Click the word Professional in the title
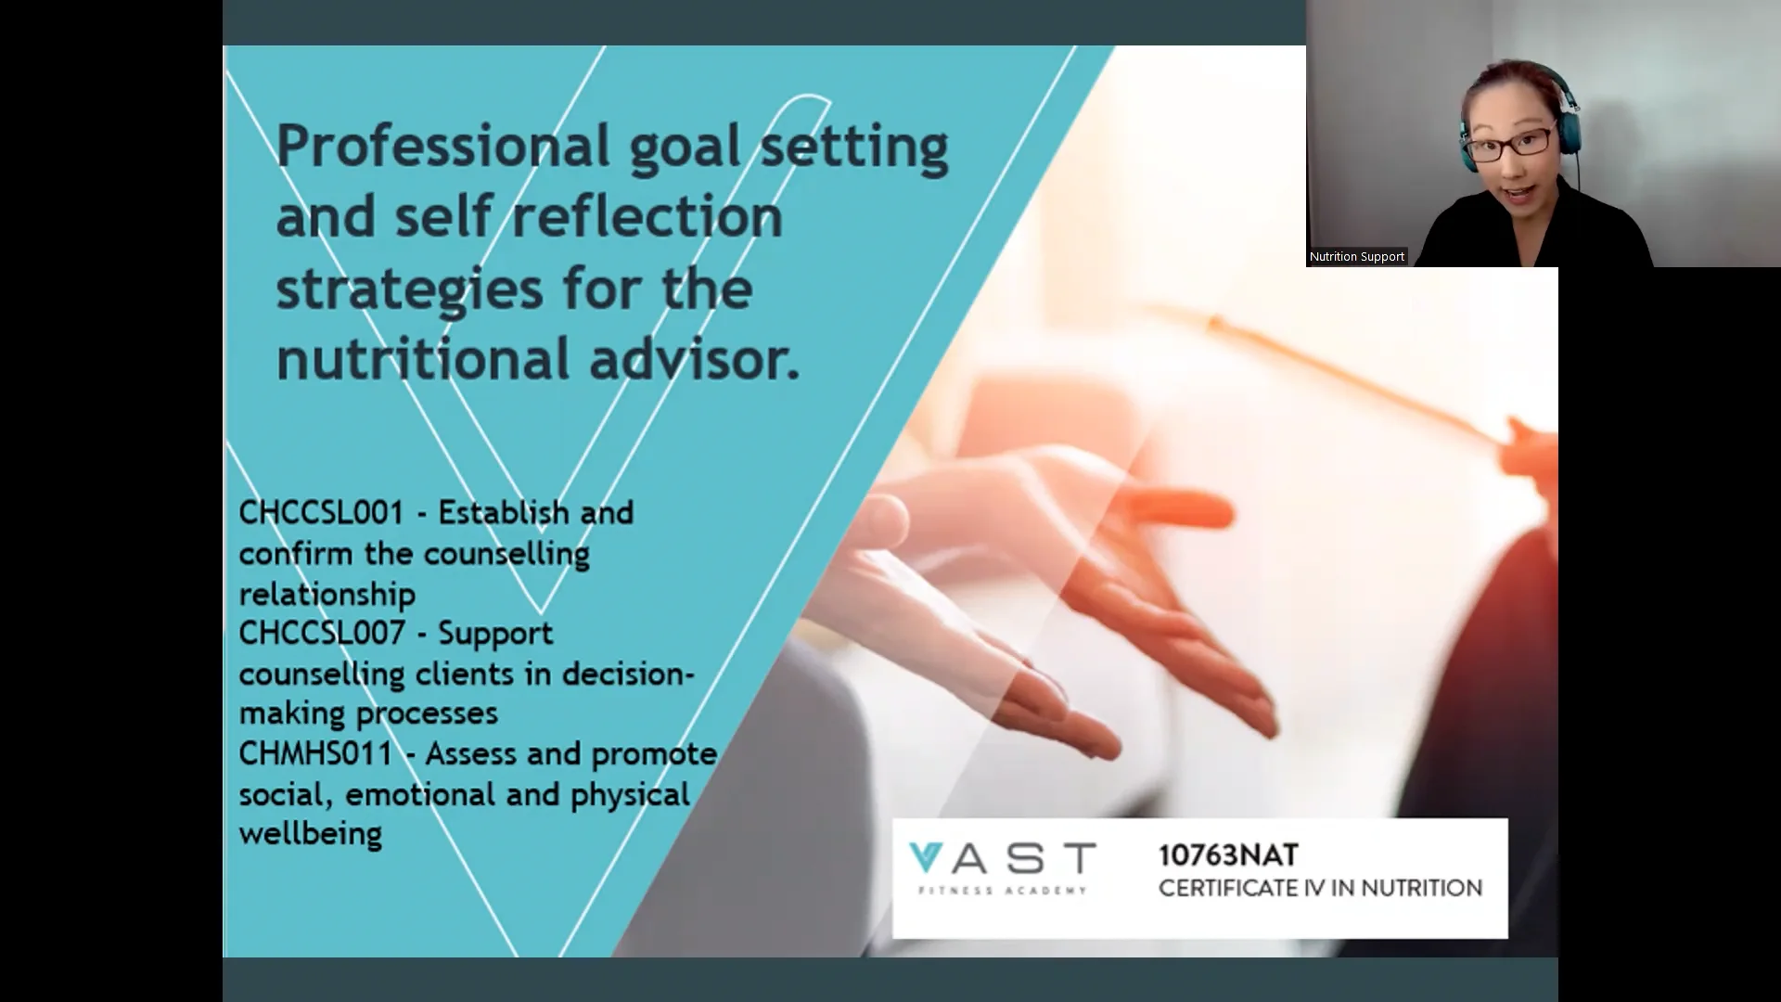click(443, 147)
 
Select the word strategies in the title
click(409, 289)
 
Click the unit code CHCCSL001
click(321, 513)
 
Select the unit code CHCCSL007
click(321, 634)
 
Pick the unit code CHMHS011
click(315, 753)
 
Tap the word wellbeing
click(310, 834)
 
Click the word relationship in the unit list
click(327, 594)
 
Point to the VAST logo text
click(1002, 858)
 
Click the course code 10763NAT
click(1228, 855)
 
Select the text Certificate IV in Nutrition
click(1320, 889)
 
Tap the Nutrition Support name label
click(1356, 257)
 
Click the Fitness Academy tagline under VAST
click(1002, 891)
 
